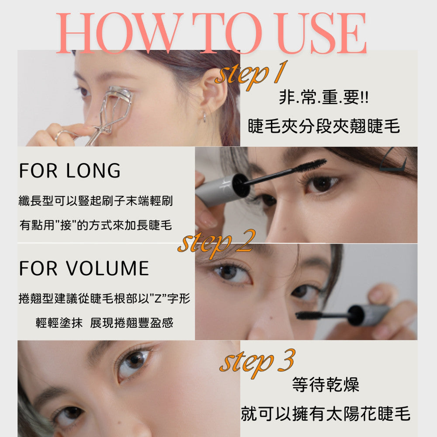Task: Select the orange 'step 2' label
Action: tap(216, 243)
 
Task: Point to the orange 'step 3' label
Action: tap(257, 362)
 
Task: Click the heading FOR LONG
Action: tap(69, 170)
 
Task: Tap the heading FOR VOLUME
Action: tap(84, 268)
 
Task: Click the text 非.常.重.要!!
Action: tap(323, 97)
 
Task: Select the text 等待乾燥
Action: tap(326, 385)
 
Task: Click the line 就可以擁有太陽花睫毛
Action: tap(326, 413)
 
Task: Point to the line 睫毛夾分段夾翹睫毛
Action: tap(324, 126)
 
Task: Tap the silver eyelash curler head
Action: tap(120, 94)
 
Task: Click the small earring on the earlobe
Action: tap(204, 117)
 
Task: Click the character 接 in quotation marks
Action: tap(66, 225)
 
